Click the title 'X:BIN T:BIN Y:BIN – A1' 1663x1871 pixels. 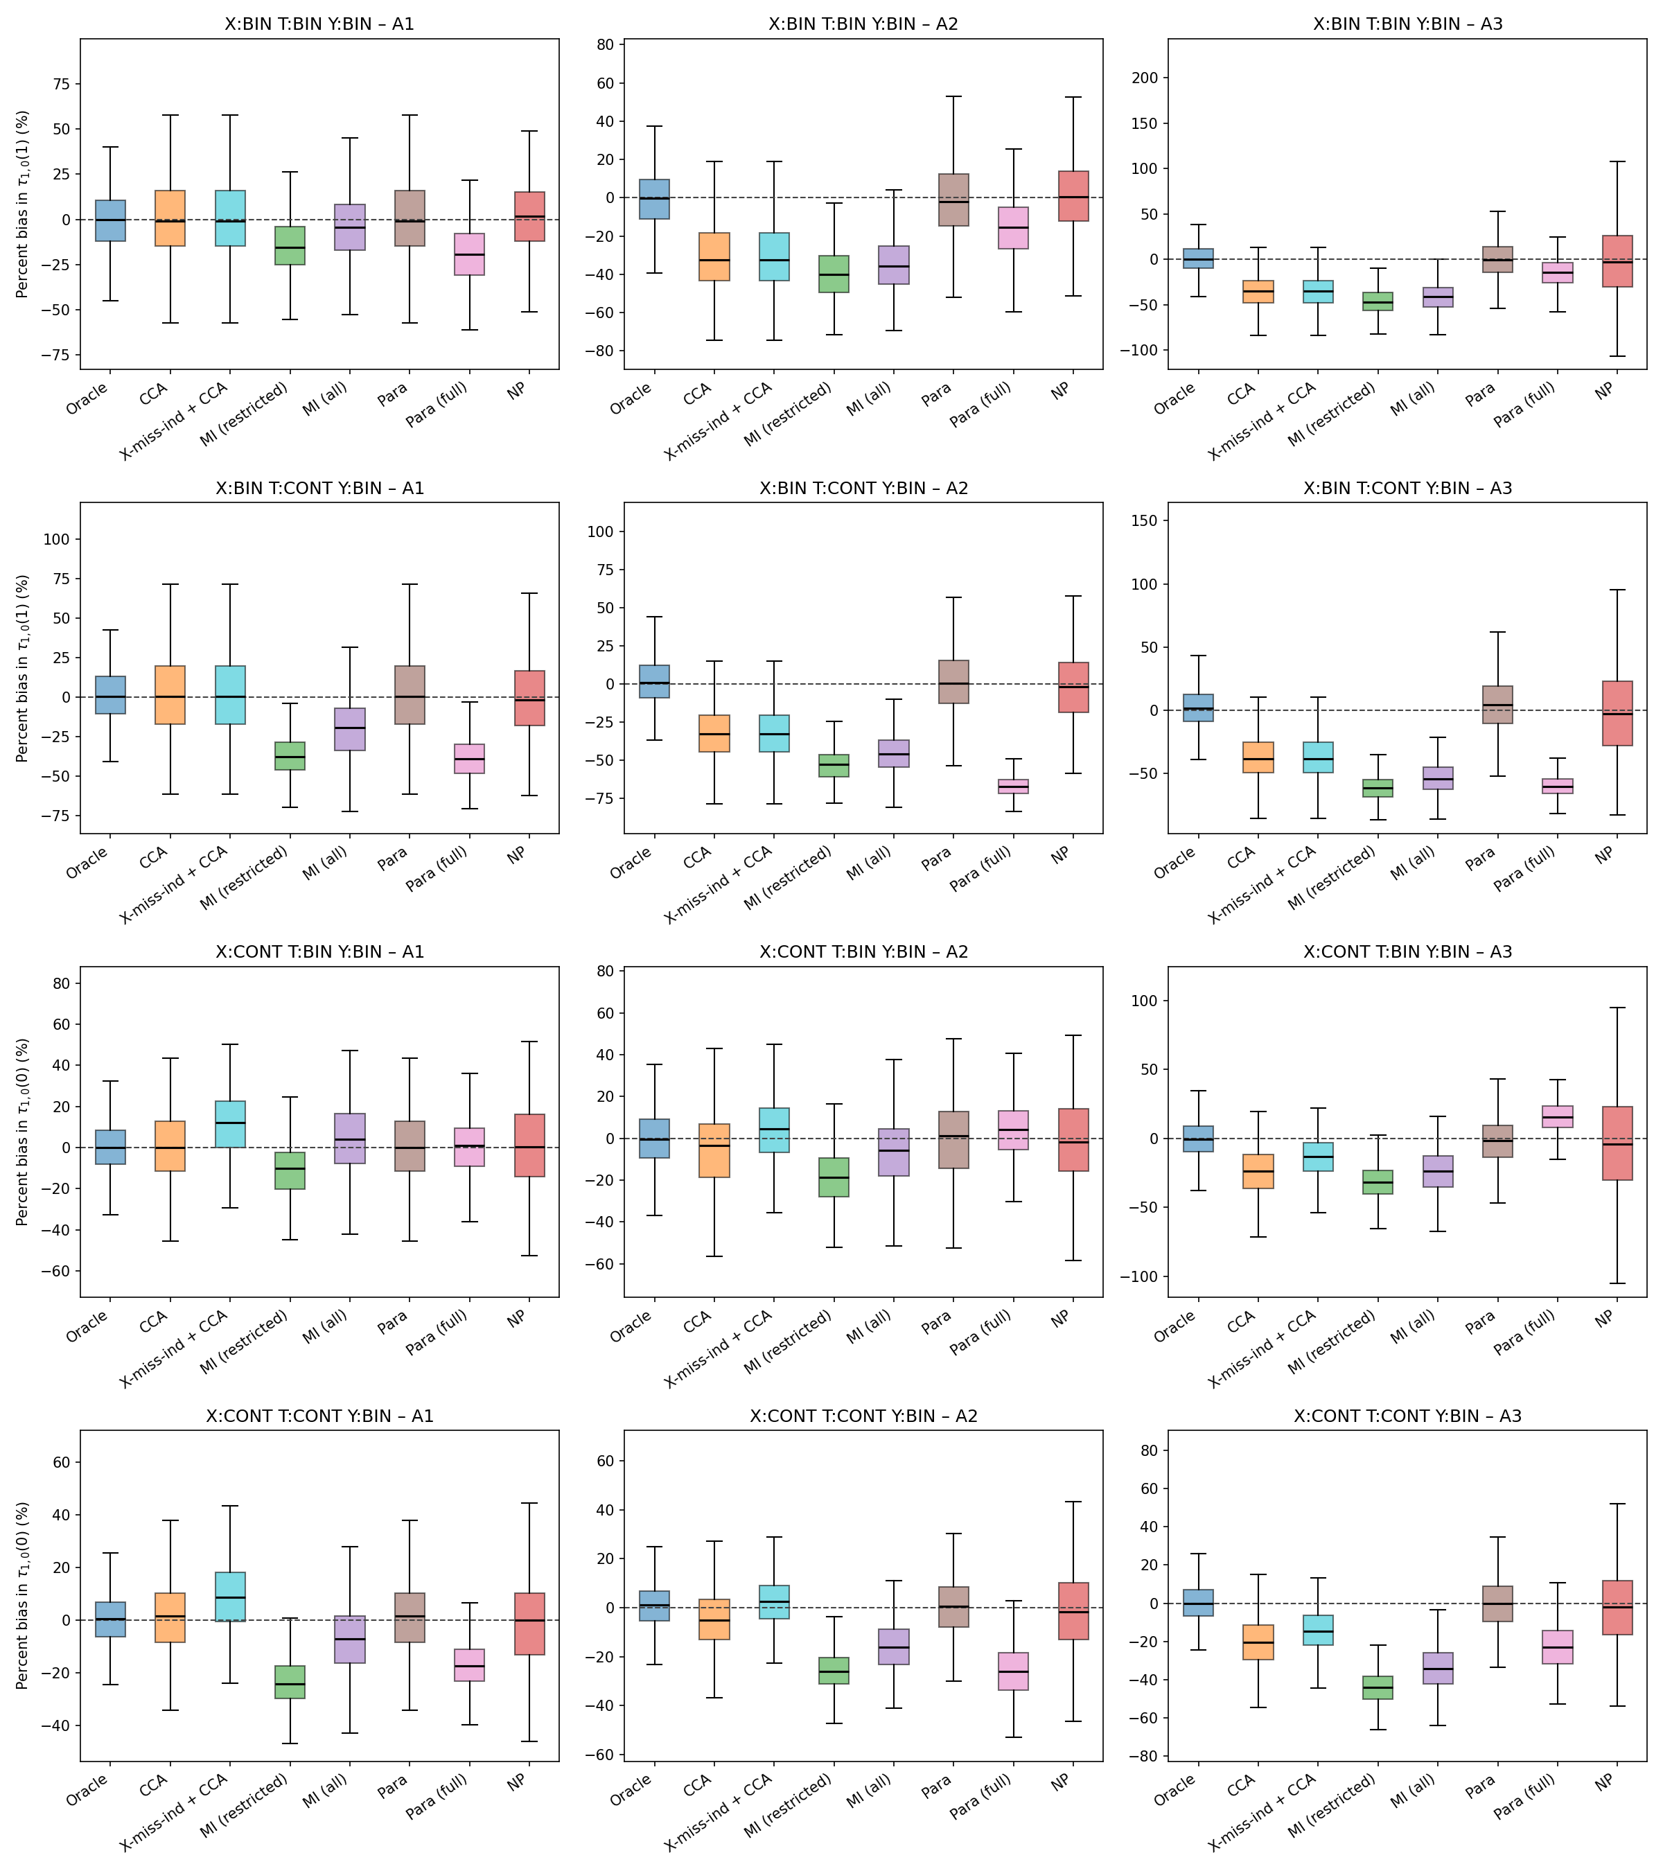pos(319,24)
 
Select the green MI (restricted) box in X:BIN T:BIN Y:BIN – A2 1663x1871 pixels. pos(834,274)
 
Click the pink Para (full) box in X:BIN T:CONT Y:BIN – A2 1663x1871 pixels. pos(1013,787)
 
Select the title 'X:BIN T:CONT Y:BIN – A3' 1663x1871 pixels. pos(1407,488)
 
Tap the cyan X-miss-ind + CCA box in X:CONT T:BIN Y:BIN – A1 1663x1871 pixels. pos(230,1124)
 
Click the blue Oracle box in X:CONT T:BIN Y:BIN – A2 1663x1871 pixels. pos(654,1138)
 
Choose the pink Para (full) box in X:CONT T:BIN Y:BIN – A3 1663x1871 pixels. pos(1558,1116)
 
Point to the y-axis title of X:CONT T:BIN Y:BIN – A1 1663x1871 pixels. pos(23,1132)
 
